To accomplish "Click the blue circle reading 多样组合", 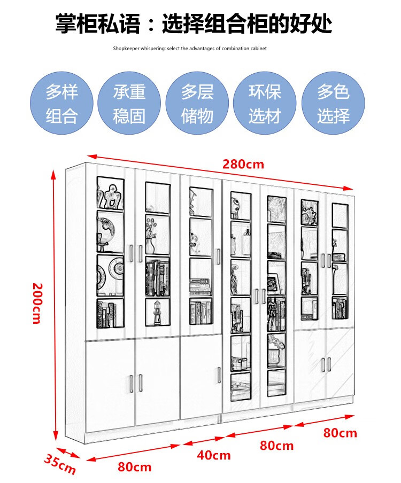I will pyautogui.click(x=61, y=103).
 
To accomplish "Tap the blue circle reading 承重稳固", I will pyautogui.click(x=129, y=103).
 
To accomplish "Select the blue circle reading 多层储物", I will pyautogui.click(x=197, y=103).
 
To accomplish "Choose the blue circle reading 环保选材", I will pyautogui.click(x=264, y=103).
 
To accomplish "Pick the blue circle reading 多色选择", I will pyautogui.click(x=333, y=103).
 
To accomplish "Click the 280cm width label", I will pyautogui.click(x=243, y=164).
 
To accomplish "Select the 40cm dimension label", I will pyautogui.click(x=214, y=455).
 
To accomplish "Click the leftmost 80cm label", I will pyautogui.click(x=135, y=467).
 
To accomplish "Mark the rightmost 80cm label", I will pyautogui.click(x=340, y=433).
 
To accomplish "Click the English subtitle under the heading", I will pyautogui.click(x=190, y=48).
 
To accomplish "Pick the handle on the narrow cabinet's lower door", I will pyautogui.click(x=219, y=375).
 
